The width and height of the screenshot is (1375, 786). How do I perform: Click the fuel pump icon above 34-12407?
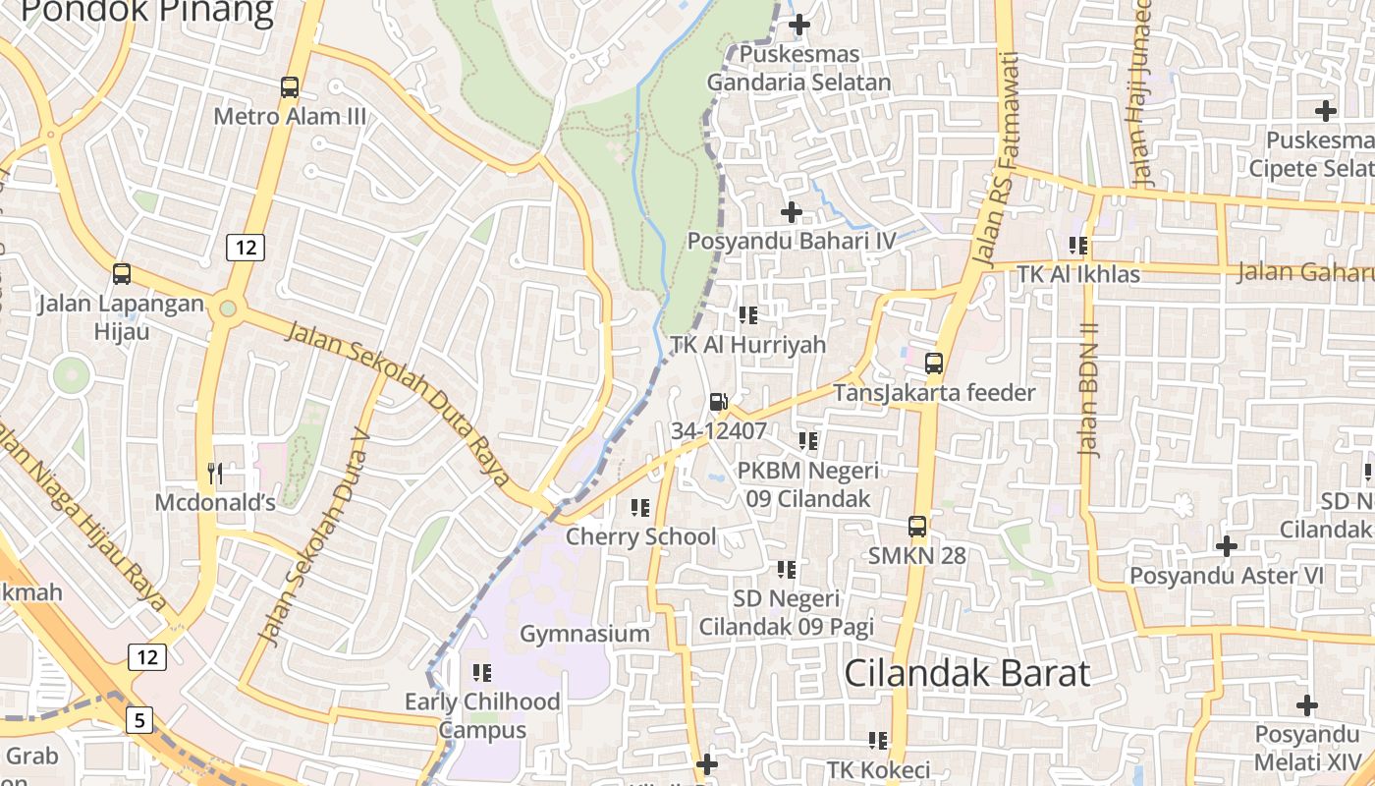[718, 401]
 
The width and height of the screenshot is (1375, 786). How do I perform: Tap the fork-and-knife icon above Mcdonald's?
[215, 474]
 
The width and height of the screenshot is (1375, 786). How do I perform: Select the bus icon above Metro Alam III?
[289, 87]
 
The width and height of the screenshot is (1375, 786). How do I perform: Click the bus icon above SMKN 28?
[916, 527]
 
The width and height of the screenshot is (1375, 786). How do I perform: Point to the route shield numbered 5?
[139, 720]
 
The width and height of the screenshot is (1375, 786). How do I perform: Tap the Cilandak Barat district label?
[966, 674]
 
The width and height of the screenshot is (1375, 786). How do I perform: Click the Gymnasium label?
[584, 634]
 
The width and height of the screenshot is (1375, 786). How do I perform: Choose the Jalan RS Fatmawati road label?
[998, 157]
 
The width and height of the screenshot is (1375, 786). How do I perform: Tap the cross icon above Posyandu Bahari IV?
[791, 211]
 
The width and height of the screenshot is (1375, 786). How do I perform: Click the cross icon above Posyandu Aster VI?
[1226, 545]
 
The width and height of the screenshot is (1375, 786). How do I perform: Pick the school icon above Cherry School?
[640, 508]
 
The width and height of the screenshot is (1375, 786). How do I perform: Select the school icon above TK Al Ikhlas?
[1078, 245]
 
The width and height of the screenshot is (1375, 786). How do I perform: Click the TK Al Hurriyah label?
[748, 345]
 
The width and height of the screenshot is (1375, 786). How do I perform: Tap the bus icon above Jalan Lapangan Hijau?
[122, 274]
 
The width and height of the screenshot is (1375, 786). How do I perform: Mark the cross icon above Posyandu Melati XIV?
[1306, 704]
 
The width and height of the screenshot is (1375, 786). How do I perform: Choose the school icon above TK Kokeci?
[877, 740]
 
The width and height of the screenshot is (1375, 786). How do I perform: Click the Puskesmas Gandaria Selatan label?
[798, 69]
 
